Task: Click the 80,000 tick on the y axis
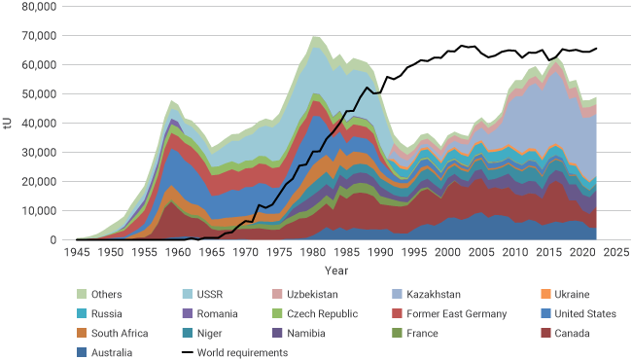coord(42,7)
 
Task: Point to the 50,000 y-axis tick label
coord(42,94)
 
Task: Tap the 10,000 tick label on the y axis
coord(42,211)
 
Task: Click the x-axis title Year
coord(337,270)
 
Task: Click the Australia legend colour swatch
coord(85,352)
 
